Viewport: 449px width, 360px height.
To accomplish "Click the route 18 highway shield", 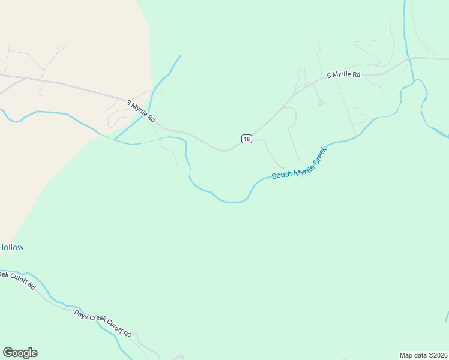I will pos(246,139).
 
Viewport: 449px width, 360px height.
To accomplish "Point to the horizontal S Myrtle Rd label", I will pos(343,75).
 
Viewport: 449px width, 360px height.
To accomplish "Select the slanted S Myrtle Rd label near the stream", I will pos(141,112).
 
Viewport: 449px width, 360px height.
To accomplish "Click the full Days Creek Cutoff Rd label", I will pos(103,324).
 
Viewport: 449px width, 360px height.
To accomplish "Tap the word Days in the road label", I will pos(81,314).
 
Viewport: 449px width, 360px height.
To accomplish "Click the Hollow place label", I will pos(11,247).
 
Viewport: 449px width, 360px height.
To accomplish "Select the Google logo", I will pos(20,353).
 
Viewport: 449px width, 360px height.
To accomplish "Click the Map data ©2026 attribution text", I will pos(423,355).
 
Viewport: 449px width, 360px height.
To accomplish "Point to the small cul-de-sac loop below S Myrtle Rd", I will pos(321,103).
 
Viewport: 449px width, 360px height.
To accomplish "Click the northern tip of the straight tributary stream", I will pos(180,56).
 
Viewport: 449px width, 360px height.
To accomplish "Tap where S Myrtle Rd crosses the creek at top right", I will pos(409,58).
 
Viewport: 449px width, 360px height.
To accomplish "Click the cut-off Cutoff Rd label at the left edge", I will pos(18,280).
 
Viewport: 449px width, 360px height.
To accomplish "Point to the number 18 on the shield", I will pos(246,139).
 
